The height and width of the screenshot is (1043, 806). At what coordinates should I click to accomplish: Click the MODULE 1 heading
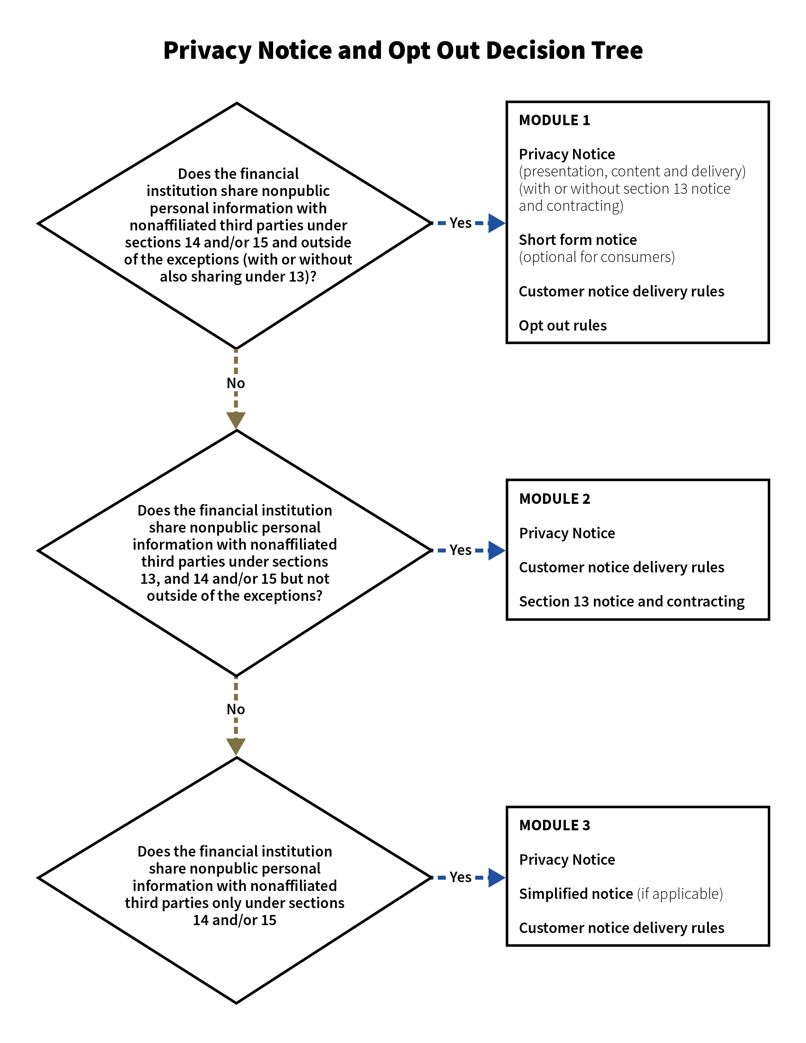554,120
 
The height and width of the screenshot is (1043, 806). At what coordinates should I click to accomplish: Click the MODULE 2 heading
554,499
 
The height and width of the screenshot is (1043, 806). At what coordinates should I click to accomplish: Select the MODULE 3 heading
554,826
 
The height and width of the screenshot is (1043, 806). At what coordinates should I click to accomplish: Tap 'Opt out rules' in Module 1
563,326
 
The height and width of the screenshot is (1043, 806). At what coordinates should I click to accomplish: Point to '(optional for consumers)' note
597,257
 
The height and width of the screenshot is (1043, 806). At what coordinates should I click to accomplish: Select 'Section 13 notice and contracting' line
631,602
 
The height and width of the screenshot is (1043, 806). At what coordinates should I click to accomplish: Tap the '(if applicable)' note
680,894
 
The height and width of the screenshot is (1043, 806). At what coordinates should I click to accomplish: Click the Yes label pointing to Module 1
460,223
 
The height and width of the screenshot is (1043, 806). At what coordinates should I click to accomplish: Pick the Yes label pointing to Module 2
460,550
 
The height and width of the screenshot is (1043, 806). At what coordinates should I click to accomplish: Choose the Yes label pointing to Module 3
460,877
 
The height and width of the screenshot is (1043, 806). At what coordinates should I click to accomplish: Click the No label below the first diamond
236,383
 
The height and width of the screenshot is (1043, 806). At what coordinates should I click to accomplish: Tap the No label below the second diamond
236,709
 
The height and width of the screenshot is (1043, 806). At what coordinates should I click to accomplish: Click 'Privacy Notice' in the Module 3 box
567,860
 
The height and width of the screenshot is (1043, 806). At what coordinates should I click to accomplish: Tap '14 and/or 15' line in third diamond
235,920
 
